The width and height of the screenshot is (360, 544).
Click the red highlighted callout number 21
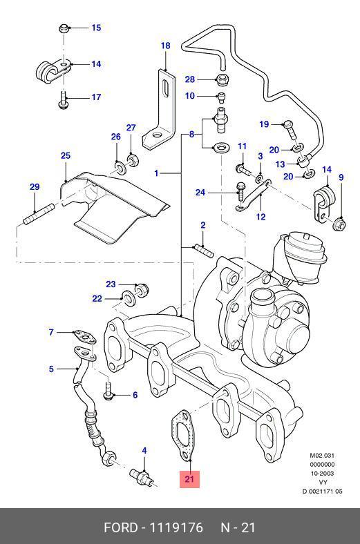(189, 479)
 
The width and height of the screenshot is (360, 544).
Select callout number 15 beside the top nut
(96, 28)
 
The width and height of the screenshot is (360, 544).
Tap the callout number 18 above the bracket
(166, 46)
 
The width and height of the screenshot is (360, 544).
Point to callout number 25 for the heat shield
(66, 155)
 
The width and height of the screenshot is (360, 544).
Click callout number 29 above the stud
(35, 187)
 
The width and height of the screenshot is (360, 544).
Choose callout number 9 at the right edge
(341, 177)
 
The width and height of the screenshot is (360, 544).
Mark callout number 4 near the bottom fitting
(144, 451)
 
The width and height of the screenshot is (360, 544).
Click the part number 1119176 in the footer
(176, 527)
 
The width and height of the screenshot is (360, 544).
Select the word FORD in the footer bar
(121, 527)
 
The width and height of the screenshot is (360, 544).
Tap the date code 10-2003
(322, 473)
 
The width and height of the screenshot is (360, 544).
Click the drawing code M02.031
(322, 455)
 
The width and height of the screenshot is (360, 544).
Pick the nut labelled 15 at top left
(64, 28)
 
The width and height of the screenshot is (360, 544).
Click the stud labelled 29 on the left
(39, 215)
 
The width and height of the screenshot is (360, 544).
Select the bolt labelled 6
(108, 391)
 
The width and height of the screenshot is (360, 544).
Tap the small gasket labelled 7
(84, 337)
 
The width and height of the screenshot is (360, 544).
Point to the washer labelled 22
(129, 299)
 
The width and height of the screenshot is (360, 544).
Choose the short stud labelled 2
(204, 251)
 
